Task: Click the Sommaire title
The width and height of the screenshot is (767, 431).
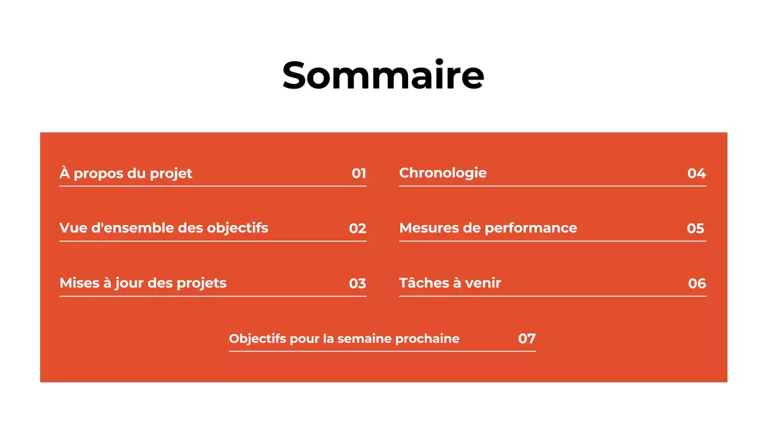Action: [383, 75]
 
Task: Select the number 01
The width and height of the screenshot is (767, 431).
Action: [359, 174]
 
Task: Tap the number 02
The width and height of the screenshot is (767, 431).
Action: [358, 229]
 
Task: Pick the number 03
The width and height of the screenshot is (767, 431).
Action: [358, 284]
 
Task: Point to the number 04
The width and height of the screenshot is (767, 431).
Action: [697, 174]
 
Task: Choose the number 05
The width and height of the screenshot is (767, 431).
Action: [696, 229]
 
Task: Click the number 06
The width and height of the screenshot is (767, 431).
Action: [697, 284]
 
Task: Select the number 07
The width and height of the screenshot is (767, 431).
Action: [527, 339]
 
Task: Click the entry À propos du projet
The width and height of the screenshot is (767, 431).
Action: [126, 174]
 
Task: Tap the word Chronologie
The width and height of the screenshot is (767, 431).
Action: [443, 173]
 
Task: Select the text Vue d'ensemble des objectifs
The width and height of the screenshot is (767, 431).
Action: [164, 228]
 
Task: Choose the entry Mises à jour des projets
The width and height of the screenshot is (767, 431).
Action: [143, 283]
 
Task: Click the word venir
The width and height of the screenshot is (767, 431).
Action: [483, 283]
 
